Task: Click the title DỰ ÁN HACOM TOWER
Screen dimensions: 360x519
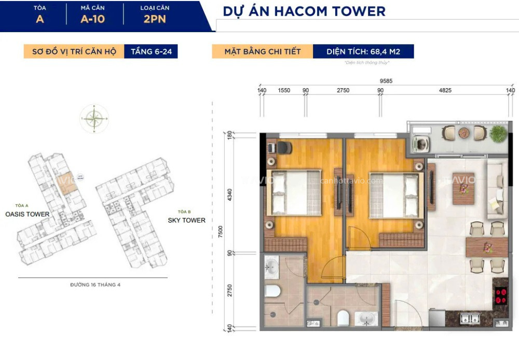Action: (304, 11)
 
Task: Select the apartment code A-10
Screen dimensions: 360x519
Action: (93, 20)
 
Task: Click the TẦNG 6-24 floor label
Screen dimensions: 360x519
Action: (151, 52)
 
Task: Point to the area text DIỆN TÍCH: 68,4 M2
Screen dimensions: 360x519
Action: (363, 52)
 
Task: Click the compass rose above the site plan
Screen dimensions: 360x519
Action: (94, 119)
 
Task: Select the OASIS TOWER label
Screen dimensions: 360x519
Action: (27, 214)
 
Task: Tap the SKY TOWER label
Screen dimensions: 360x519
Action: (186, 220)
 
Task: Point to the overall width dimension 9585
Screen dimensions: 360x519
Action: (385, 81)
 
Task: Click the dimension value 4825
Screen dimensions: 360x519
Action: (445, 90)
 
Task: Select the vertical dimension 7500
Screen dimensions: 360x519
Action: (221, 231)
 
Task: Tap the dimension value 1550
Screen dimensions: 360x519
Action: (283, 90)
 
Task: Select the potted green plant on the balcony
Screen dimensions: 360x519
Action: (498, 133)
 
